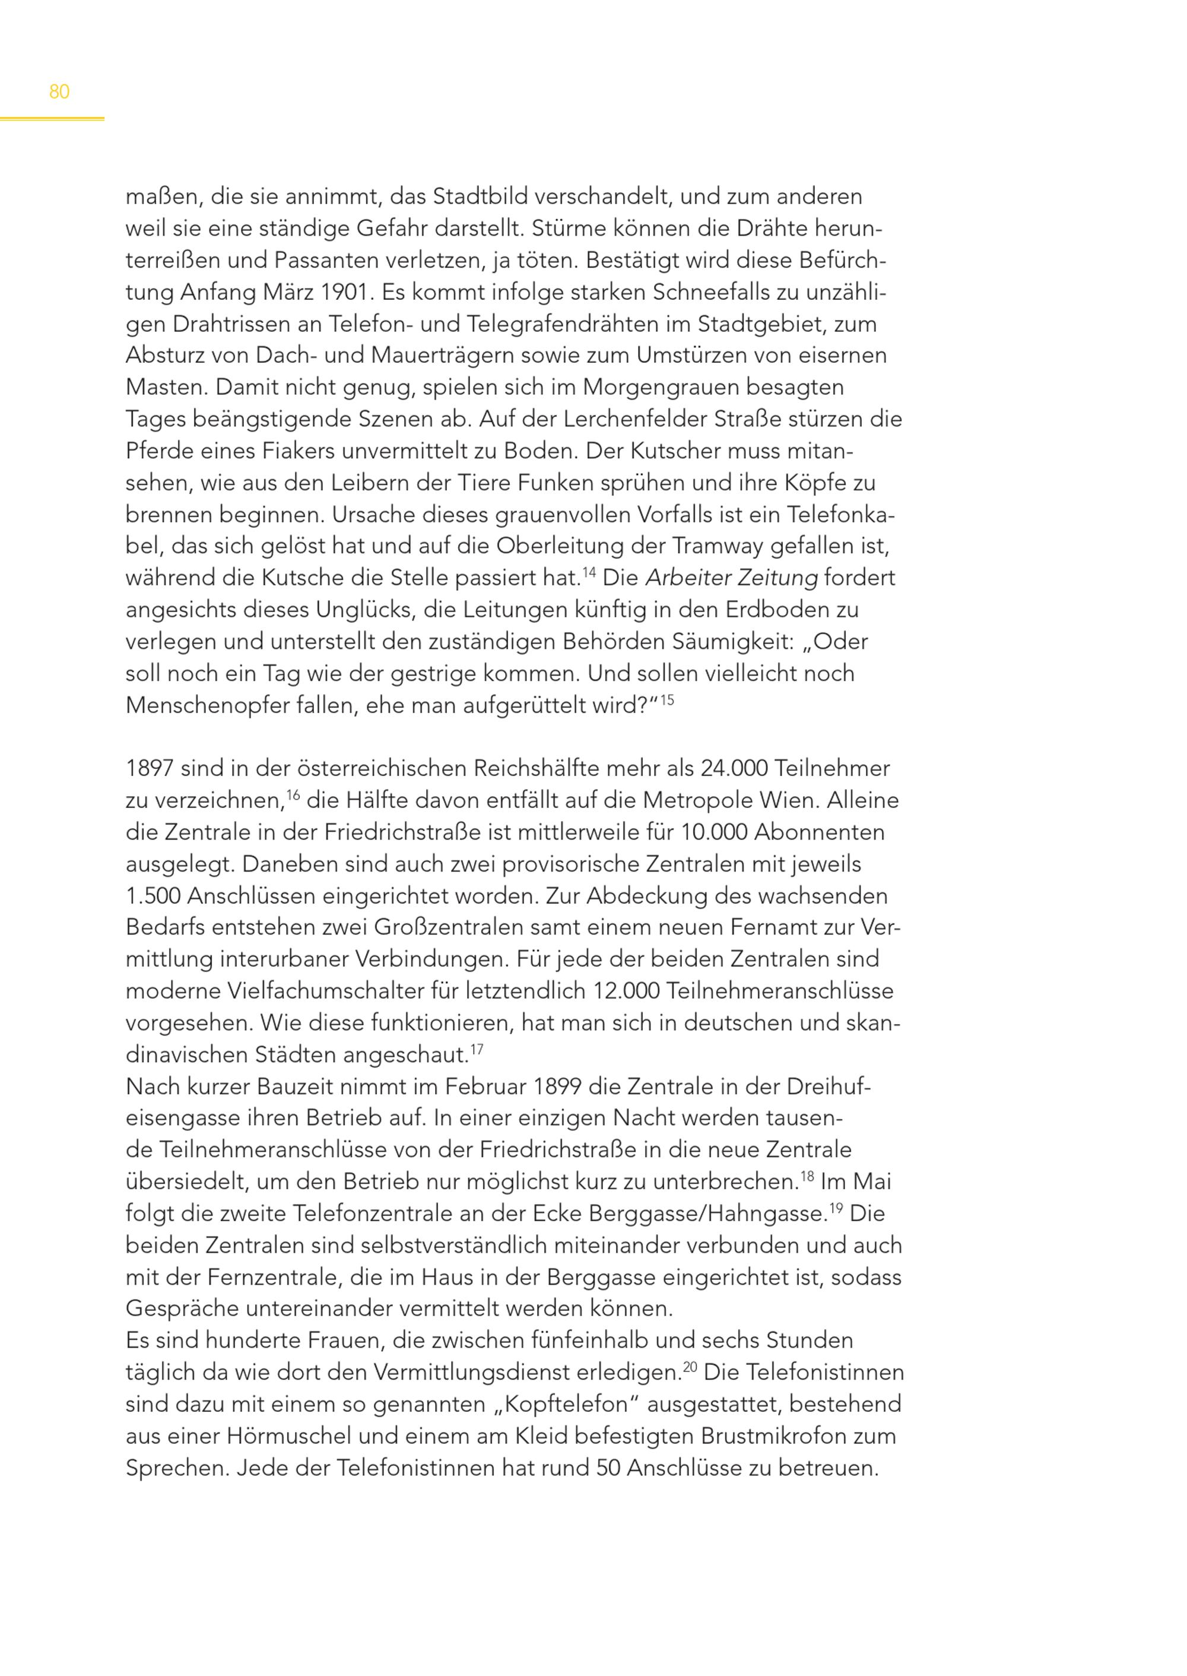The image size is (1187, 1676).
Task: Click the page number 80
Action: point(59,92)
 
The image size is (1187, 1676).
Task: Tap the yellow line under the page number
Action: point(52,119)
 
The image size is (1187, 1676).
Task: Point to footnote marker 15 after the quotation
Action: point(667,700)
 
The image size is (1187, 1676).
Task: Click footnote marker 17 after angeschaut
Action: point(477,1049)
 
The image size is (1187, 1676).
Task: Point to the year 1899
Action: point(557,1086)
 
